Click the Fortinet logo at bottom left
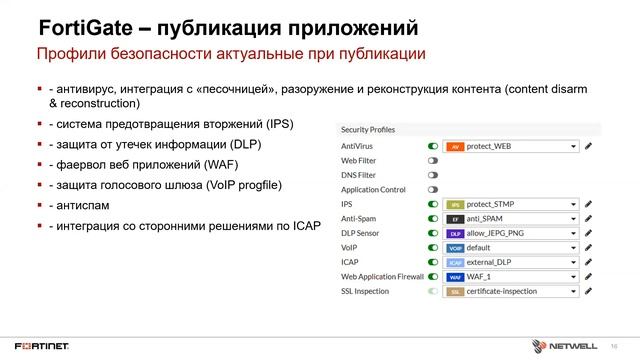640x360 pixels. click(42, 341)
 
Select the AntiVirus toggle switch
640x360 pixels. click(433, 146)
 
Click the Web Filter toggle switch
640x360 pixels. click(433, 160)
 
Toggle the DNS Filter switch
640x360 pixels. click(433, 175)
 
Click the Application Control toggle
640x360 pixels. click(433, 189)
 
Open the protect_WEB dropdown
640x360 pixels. click(512, 146)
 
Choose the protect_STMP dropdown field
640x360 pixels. click(512, 204)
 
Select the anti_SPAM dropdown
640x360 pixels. click(512, 218)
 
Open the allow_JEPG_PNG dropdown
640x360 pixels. click(512, 233)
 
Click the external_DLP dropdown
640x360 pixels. click(512, 262)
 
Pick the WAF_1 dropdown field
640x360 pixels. click(512, 277)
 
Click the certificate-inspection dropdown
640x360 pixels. click(512, 291)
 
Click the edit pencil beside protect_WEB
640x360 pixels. click(590, 146)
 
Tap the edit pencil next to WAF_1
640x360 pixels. click(590, 277)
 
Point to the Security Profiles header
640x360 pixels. click(368, 130)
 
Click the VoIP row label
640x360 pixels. click(350, 248)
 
